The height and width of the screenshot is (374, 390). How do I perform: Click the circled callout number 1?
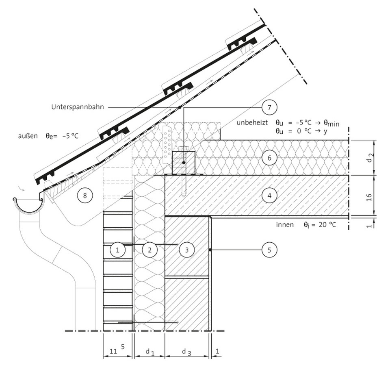117,250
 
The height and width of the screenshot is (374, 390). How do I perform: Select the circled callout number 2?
149,250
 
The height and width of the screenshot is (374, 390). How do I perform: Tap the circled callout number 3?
187,250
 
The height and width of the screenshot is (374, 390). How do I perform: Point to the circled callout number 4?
269,196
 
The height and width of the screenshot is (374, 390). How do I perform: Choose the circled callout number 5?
269,250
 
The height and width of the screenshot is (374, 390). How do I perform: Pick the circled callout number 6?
269,158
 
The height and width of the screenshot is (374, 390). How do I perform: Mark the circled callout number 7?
269,107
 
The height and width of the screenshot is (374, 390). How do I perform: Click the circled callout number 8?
85,196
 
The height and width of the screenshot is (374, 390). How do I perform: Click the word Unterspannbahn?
78,107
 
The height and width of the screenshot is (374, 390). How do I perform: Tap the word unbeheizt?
252,123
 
